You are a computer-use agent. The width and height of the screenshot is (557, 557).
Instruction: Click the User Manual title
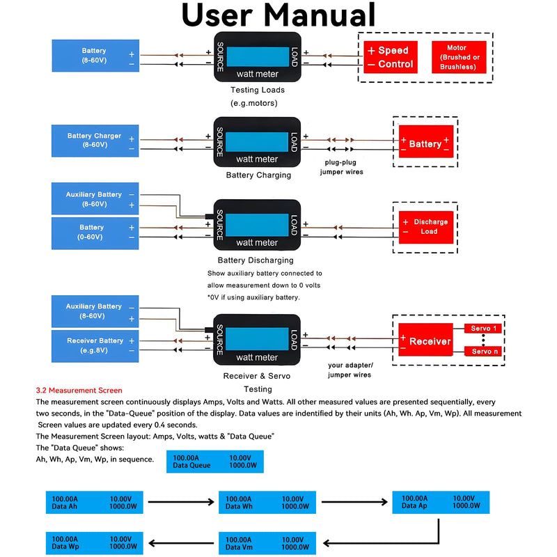(278, 15)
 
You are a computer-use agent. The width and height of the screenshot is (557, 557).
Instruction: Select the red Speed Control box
(391, 57)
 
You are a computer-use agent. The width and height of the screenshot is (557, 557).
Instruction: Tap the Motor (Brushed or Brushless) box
(459, 57)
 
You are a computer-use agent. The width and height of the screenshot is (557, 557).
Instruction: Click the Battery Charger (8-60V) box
(95, 141)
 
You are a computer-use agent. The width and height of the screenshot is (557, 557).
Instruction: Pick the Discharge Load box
(426, 228)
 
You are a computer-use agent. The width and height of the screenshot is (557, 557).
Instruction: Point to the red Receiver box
(425, 340)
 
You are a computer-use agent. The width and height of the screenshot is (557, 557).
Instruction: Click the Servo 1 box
(483, 329)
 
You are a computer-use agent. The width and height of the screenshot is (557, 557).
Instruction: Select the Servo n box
(483, 352)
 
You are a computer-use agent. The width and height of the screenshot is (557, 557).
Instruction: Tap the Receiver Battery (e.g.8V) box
(95, 346)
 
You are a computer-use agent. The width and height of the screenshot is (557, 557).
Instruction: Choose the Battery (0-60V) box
(95, 233)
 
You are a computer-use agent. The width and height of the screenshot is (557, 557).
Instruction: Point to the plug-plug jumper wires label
(341, 167)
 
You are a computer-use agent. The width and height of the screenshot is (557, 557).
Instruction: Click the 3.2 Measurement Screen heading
(79, 391)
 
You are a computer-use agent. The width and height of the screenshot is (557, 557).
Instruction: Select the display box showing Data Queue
(215, 462)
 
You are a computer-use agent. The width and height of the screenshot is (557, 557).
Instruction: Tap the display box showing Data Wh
(267, 502)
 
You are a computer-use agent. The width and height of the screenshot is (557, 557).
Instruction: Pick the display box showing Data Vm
(267, 543)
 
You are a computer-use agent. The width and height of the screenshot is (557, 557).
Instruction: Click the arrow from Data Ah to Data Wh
(181, 501)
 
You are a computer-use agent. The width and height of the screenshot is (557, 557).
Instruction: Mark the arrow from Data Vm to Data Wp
(181, 543)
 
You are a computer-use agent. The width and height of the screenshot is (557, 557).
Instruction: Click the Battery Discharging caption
(256, 260)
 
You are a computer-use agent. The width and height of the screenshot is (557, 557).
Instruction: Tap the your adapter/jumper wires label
(350, 370)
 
